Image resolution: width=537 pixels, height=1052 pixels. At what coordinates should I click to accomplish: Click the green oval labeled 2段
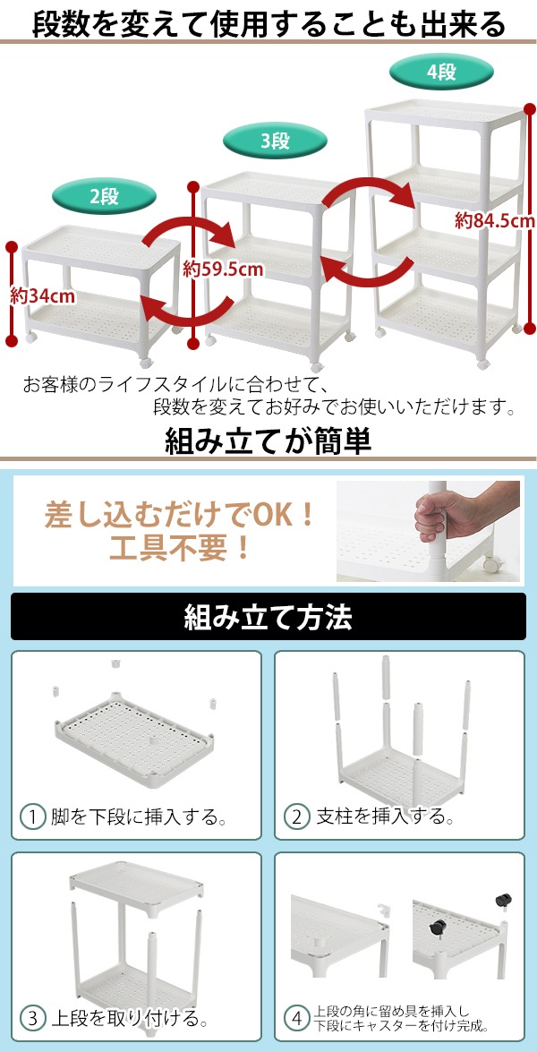104,197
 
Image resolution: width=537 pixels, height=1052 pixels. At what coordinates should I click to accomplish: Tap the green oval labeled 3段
275,141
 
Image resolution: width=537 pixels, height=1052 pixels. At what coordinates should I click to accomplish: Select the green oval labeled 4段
441,71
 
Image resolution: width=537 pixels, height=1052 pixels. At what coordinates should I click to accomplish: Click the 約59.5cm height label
223,269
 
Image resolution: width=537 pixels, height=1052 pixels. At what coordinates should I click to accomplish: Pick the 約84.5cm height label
495,219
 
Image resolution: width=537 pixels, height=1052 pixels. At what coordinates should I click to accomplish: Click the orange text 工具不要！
180,547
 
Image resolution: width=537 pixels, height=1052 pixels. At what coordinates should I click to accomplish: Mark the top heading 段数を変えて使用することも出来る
268,24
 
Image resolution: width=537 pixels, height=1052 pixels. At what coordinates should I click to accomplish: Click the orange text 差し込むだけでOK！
180,515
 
